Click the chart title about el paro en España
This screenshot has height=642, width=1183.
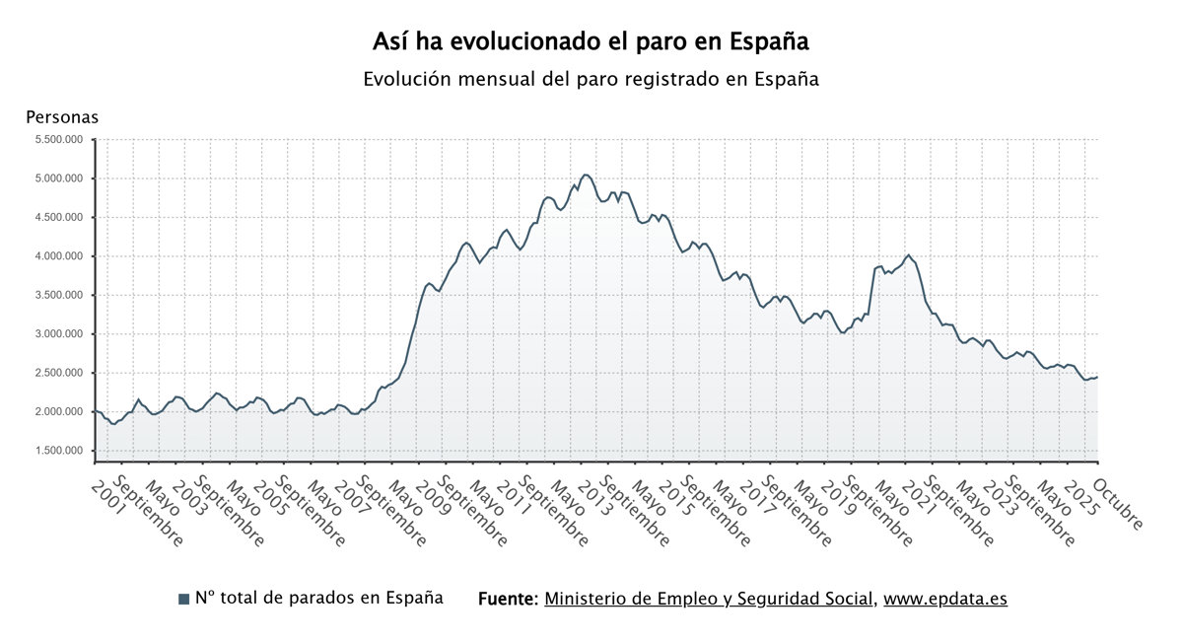pos(591,42)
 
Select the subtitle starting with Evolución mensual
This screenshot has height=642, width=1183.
pos(591,79)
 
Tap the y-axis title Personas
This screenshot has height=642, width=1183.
pos(62,117)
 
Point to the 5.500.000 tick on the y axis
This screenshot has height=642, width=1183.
pos(59,139)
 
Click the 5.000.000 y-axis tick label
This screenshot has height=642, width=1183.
pos(59,178)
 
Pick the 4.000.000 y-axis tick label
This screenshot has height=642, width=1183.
pos(59,256)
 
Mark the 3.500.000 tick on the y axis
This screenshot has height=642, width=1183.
pos(59,295)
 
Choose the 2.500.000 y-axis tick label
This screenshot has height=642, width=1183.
pos(59,373)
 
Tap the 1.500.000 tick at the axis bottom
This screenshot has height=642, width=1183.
pos(59,451)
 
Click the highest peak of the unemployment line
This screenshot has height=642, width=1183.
pos(586,175)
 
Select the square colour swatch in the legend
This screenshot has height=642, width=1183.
pos(183,600)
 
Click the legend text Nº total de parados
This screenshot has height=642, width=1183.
pos(318,598)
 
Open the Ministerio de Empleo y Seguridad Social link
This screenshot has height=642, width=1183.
pos(709,599)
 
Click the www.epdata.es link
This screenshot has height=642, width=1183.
pos(944,599)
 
